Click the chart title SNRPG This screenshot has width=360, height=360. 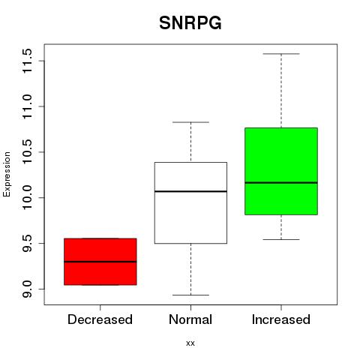pyautogui.click(x=190, y=23)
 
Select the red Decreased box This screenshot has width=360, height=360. pyautogui.click(x=100, y=262)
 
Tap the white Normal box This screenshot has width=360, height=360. pyautogui.click(x=190, y=202)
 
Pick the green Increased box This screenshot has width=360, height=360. pyautogui.click(x=281, y=171)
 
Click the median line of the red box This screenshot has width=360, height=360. pyautogui.click(x=100, y=262)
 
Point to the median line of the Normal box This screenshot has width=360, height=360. pyautogui.click(x=190, y=191)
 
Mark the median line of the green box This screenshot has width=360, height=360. pyautogui.click(x=281, y=182)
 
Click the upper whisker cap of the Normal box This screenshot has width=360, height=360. pyautogui.click(x=190, y=122)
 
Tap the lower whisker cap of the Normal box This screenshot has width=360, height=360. pyautogui.click(x=190, y=295)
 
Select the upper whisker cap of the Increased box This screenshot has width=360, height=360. pyautogui.click(x=281, y=54)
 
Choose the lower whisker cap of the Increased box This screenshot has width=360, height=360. pyautogui.click(x=281, y=239)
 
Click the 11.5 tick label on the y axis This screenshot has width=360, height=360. pyautogui.click(x=27, y=61)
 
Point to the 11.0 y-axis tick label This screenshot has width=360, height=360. pyautogui.click(x=27, y=106)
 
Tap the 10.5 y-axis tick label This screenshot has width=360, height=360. pyautogui.click(x=27, y=152)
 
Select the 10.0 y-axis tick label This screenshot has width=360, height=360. pyautogui.click(x=27, y=198)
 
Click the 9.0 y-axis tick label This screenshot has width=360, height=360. pyautogui.click(x=27, y=289)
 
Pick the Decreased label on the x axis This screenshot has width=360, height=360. pyautogui.click(x=100, y=319)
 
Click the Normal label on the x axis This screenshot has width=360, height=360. pyautogui.click(x=190, y=319)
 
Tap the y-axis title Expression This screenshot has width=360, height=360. pyautogui.click(x=7, y=174)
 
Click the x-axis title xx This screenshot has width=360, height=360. pyautogui.click(x=190, y=343)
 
